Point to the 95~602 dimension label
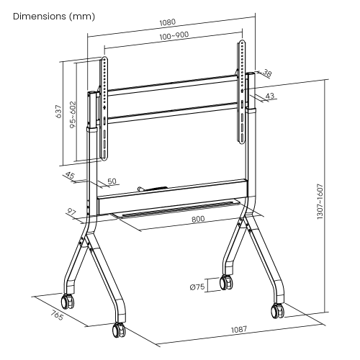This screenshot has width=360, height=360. [73, 116]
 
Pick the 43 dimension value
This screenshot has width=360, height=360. [271, 95]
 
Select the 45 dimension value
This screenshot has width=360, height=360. [70, 175]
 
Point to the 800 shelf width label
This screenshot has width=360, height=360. [198, 218]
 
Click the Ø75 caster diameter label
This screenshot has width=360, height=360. [199, 287]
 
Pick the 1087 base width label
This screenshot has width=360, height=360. [239, 329]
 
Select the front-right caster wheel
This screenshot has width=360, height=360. [276, 311]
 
